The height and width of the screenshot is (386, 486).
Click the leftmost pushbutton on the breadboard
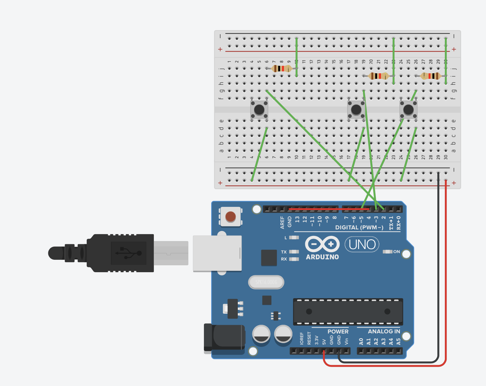(x=259, y=110)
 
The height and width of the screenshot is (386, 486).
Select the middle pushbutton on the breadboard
(x=356, y=110)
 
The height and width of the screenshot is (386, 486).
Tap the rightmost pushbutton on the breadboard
(x=408, y=110)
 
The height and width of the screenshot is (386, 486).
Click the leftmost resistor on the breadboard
(x=282, y=68)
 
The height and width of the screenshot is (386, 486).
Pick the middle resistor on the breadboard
(x=378, y=76)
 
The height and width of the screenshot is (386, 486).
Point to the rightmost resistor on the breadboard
(x=431, y=76)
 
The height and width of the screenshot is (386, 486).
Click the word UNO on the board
(x=362, y=245)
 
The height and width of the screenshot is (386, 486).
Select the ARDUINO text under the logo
(x=322, y=257)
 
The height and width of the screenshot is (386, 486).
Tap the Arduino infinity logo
(x=322, y=244)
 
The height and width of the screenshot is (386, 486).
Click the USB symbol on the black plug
(x=129, y=253)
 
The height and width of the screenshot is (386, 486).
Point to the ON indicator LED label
(x=396, y=251)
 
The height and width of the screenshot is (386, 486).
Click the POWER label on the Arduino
(x=338, y=331)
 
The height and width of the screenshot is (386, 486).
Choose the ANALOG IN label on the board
(x=384, y=331)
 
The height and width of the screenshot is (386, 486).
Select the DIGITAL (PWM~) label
(x=359, y=227)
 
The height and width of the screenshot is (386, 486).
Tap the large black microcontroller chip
(x=348, y=312)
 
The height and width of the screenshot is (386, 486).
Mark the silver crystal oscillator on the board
(x=266, y=282)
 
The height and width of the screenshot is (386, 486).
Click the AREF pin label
(x=282, y=222)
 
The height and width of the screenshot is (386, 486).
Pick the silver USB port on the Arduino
(x=217, y=253)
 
